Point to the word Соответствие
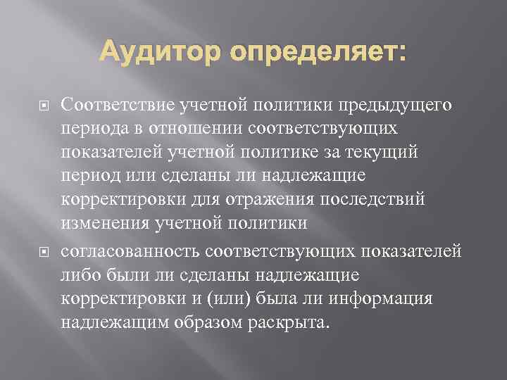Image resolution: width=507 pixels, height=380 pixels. click(113, 106)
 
